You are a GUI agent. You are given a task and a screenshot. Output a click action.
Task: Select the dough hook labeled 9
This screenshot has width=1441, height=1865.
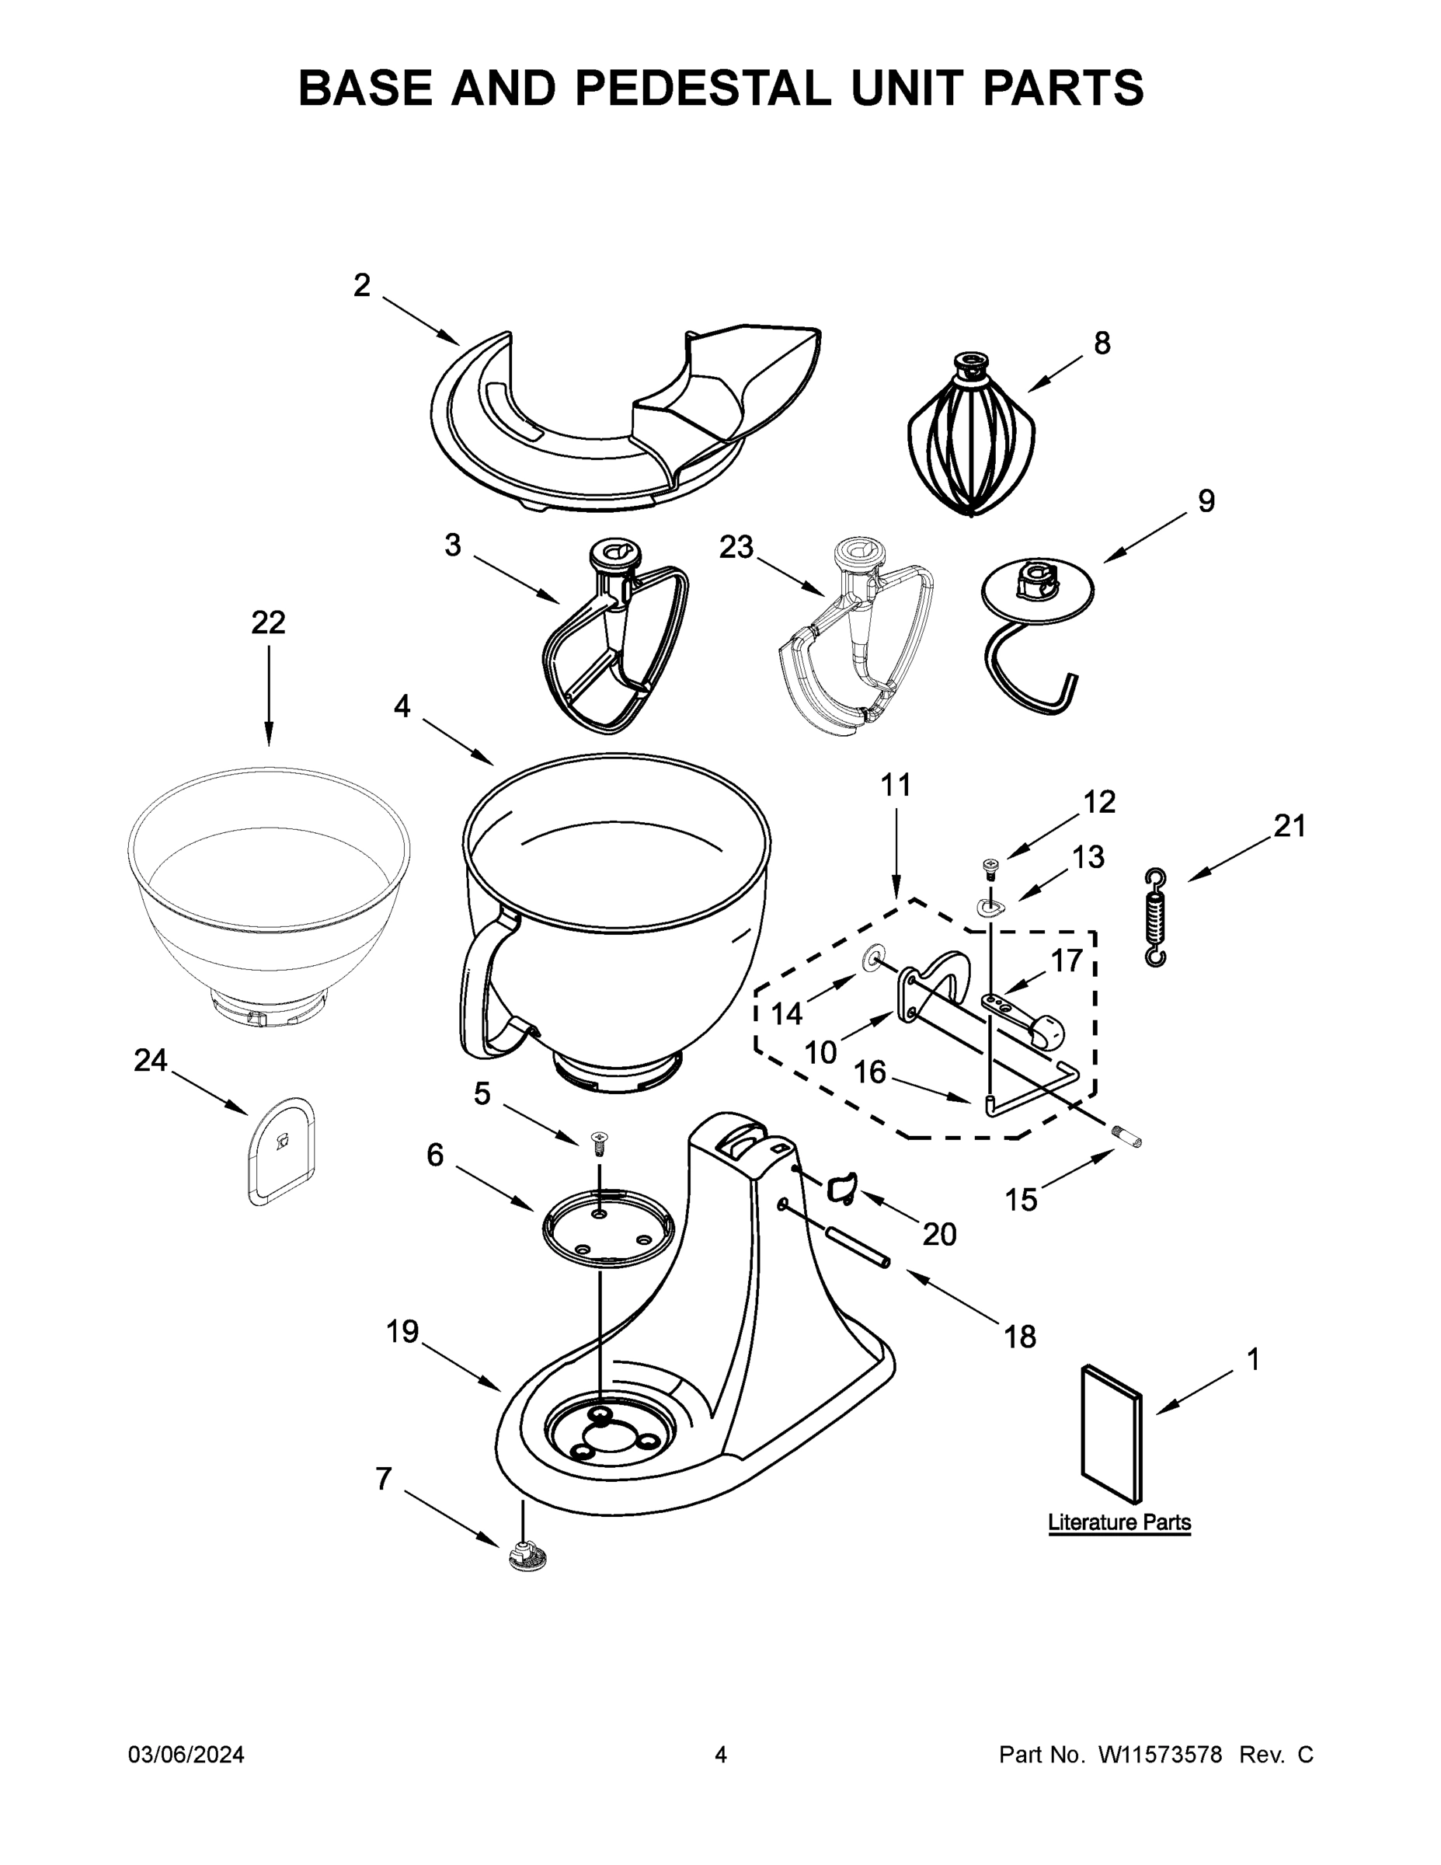tap(1036, 636)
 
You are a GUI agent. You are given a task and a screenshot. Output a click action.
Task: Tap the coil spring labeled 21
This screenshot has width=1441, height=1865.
tap(1155, 918)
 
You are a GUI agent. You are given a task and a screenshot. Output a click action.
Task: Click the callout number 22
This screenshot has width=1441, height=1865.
tap(268, 622)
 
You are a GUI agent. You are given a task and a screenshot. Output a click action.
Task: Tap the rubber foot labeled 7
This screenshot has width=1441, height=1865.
tap(527, 1557)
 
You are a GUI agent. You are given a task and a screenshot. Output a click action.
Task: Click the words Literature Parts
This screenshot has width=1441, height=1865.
tap(1119, 1522)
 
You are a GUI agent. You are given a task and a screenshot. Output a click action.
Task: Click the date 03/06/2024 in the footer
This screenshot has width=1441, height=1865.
tap(186, 1755)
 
